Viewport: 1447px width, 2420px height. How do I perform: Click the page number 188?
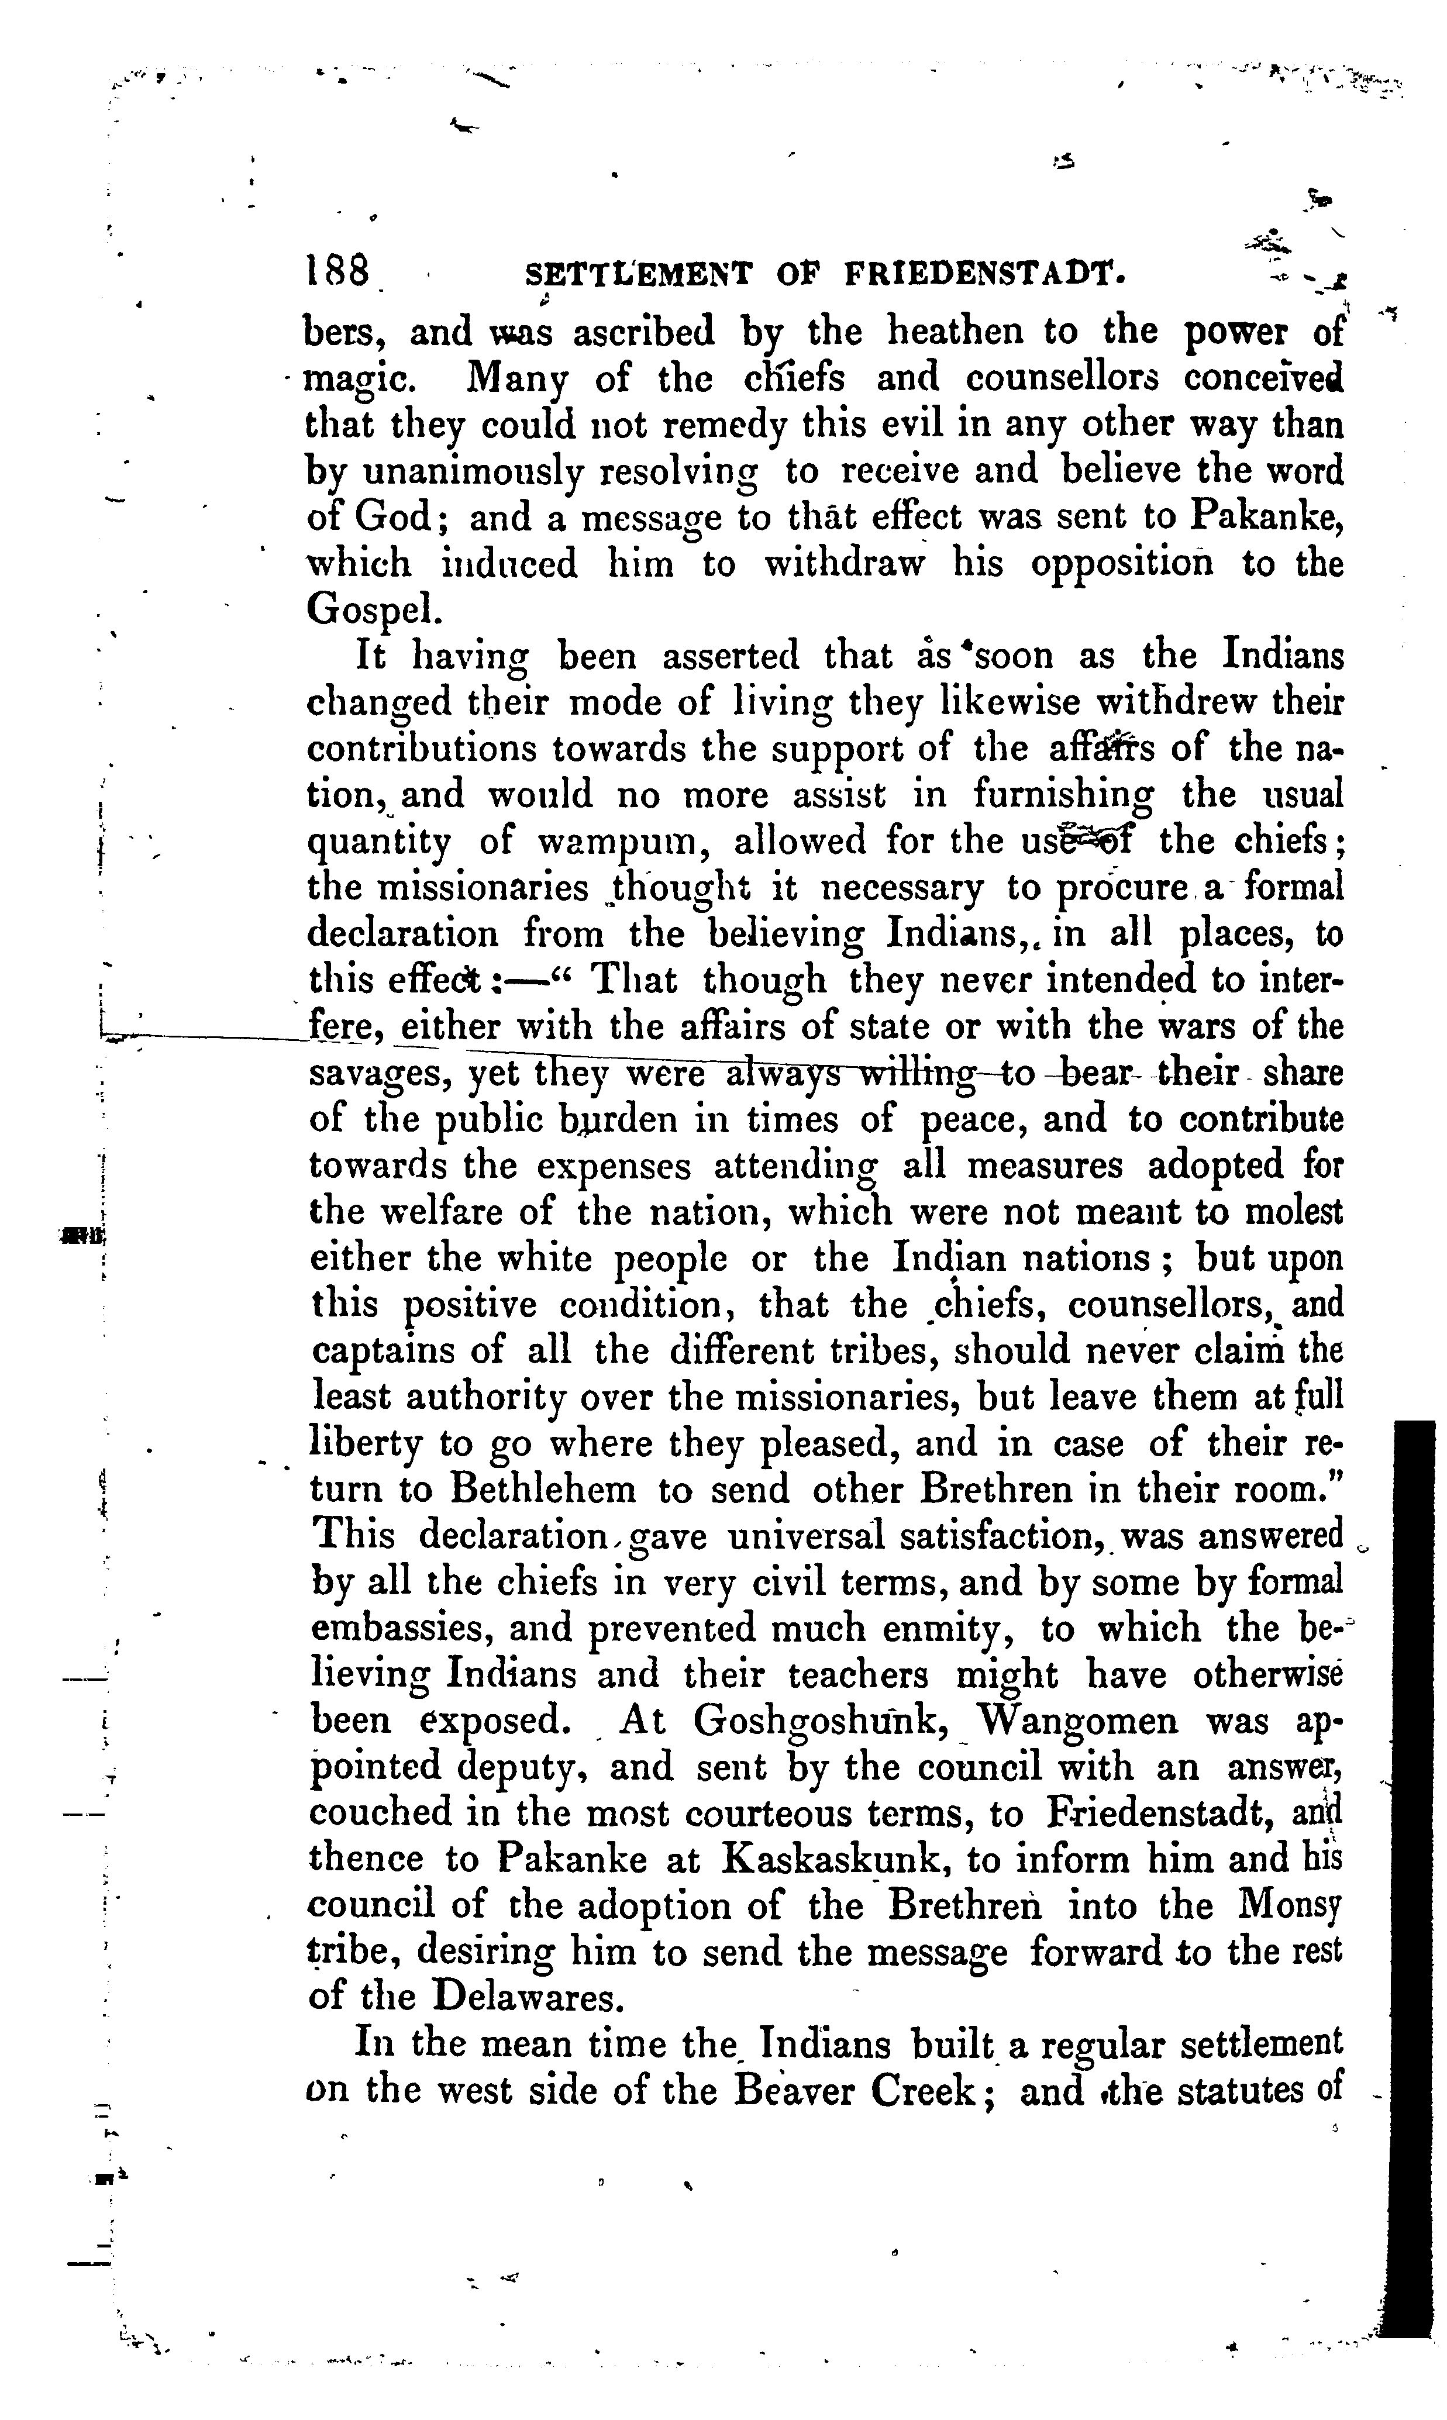[x=338, y=270]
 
